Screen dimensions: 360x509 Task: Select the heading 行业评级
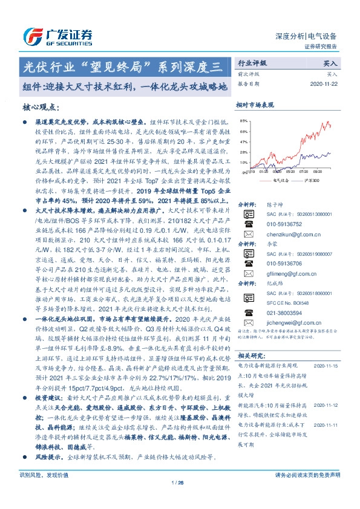251,63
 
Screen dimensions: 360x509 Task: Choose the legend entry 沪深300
312,180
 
